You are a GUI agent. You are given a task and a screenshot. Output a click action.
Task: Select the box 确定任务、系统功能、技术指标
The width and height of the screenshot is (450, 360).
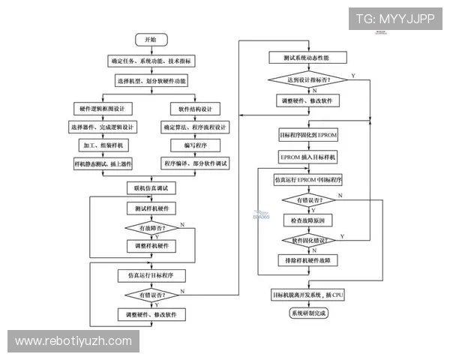(151, 60)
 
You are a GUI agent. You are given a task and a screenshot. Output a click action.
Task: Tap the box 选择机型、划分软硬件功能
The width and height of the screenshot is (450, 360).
(151, 80)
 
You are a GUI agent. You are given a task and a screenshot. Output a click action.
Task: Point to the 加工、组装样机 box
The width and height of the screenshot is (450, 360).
(104, 145)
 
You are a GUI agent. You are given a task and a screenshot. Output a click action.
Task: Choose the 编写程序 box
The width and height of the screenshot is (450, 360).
(195, 145)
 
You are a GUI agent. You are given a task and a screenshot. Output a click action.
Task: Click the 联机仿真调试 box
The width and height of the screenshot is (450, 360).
(151, 187)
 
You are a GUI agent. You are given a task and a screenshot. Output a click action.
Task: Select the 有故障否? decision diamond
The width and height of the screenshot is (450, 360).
(151, 227)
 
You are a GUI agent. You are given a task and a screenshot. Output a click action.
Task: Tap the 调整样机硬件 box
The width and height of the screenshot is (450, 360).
(151, 246)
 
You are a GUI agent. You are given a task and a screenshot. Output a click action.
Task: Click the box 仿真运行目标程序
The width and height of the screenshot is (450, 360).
(151, 275)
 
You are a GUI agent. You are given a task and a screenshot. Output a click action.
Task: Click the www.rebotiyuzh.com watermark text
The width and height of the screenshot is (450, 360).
(73, 341)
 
